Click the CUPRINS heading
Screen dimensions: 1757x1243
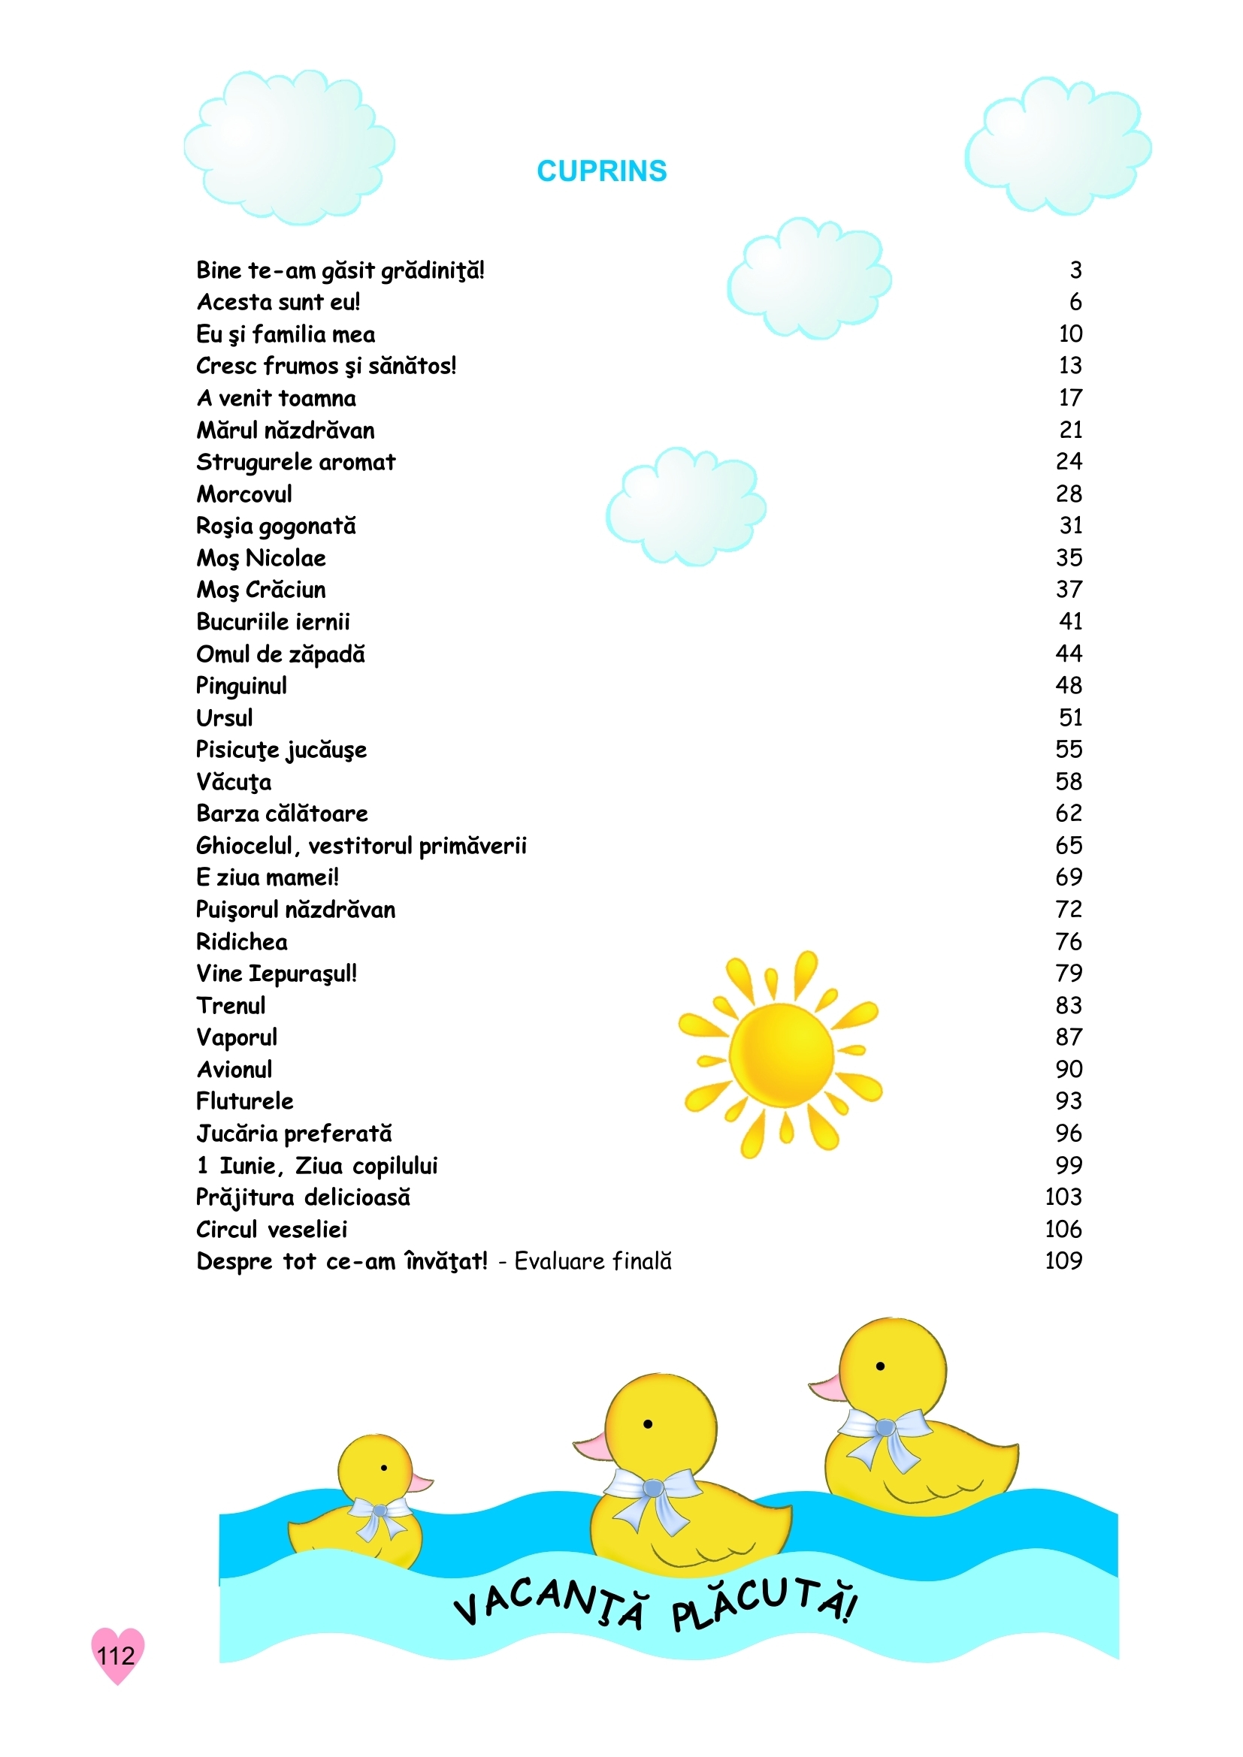click(x=602, y=171)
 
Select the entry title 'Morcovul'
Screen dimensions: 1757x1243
click(x=244, y=494)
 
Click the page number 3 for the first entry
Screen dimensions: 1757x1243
click(x=1075, y=270)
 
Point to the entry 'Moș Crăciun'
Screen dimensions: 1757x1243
click(x=261, y=590)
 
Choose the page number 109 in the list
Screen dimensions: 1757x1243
click(x=1063, y=1261)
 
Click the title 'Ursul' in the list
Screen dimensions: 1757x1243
click(x=224, y=718)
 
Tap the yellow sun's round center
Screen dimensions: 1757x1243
click(x=781, y=1055)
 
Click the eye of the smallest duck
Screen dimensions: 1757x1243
click(x=383, y=1468)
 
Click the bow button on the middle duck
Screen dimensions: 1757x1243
click(x=652, y=1488)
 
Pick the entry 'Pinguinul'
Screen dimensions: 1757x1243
click(x=241, y=686)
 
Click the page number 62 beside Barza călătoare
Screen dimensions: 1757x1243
click(x=1069, y=814)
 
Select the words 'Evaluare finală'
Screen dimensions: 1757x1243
click(x=592, y=1261)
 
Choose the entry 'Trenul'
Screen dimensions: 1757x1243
click(x=231, y=1006)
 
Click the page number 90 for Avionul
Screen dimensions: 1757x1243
click(x=1069, y=1069)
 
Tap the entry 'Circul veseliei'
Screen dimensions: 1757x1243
click(x=272, y=1229)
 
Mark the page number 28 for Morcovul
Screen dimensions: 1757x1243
click(x=1069, y=494)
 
